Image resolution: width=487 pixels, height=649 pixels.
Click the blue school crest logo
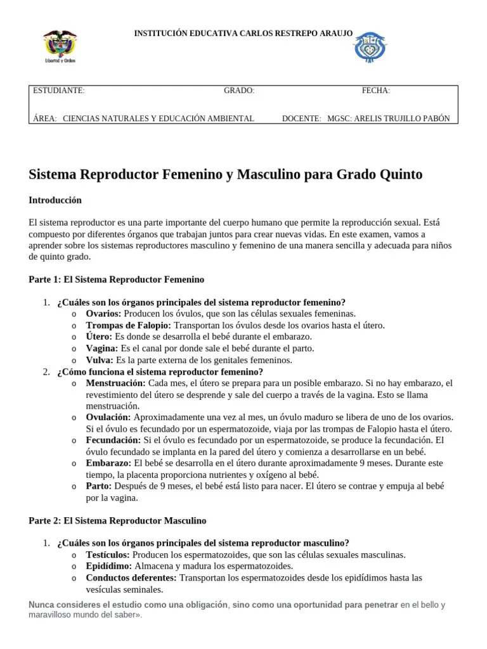coord(370,48)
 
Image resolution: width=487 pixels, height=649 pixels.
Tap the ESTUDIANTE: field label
coord(58,91)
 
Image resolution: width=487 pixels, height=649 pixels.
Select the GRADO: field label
coord(239,91)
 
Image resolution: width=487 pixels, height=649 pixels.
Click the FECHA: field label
coord(375,91)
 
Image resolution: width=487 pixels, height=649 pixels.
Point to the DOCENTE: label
coord(301,119)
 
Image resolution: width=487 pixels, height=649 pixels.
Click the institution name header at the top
coord(243,32)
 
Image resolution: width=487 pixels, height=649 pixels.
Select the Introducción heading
coord(55,200)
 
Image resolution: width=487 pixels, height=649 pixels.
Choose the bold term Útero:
coord(99,337)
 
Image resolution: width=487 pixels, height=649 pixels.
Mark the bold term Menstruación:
coord(115,383)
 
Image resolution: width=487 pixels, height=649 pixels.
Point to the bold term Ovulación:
coord(108,417)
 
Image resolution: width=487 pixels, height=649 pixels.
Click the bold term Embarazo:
coord(108,463)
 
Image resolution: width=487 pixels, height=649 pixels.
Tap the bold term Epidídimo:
coord(109,566)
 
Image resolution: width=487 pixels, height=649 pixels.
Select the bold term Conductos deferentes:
coord(131,578)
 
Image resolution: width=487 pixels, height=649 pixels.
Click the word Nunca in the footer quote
coord(42,605)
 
